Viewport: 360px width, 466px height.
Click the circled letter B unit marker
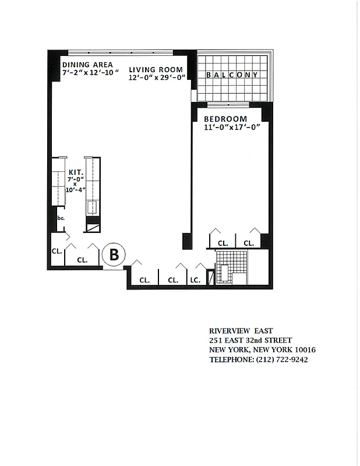click(114, 255)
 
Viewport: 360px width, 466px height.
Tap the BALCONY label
click(232, 75)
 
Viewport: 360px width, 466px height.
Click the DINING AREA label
click(87, 65)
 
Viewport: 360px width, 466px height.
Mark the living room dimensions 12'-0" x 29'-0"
click(157, 77)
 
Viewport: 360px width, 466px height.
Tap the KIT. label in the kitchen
click(75, 172)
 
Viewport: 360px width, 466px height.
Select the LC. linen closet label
click(195, 280)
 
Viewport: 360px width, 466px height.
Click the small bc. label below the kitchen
click(61, 218)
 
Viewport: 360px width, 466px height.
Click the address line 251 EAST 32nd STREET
click(250, 340)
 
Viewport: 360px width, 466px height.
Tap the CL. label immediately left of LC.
click(173, 280)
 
